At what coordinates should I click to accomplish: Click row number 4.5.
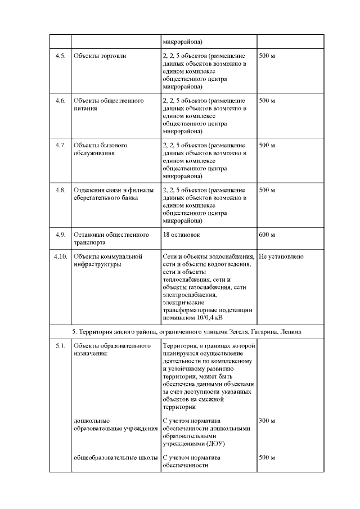coord(60,57)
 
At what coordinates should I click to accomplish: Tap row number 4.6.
coord(60,101)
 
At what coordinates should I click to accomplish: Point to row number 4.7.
coord(60,145)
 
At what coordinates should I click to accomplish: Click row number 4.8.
coord(60,190)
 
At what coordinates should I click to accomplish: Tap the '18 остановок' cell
coord(181,234)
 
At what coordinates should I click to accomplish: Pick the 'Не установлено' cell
coord(281,256)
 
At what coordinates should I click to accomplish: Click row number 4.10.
coord(60,256)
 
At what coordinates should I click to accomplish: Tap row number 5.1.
coord(60,345)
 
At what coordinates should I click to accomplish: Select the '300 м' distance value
coord(267,421)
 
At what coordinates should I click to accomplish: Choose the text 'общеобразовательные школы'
coord(115,458)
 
